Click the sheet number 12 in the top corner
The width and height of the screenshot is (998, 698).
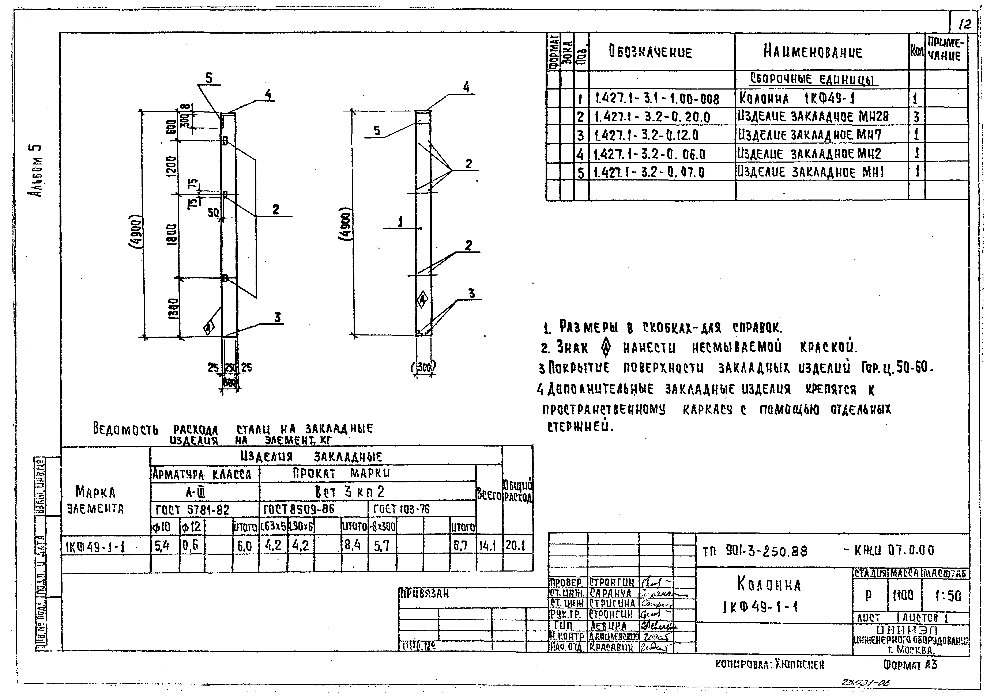(x=964, y=24)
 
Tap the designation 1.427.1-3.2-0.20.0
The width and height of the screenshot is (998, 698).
(x=652, y=117)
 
